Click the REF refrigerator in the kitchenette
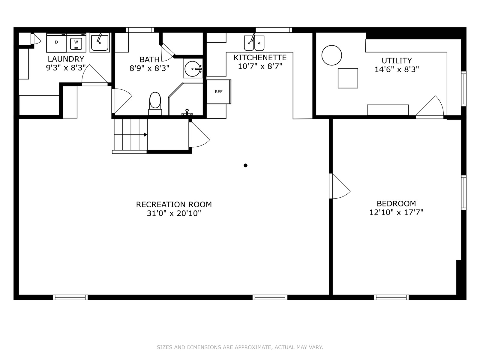click(219, 91)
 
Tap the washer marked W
click(76, 43)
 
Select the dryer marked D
click(56, 43)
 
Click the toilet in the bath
click(155, 103)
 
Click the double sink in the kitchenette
click(254, 43)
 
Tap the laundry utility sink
click(100, 43)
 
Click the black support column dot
click(246, 166)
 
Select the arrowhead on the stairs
click(145, 135)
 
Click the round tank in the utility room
click(332, 55)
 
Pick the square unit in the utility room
click(348, 78)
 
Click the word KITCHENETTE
click(260, 58)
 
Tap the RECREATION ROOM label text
click(174, 205)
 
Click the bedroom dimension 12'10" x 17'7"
click(396, 212)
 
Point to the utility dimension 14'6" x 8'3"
click(397, 70)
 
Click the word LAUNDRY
click(66, 59)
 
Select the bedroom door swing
click(340, 186)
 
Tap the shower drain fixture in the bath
click(187, 112)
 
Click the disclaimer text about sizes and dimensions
click(240, 347)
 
